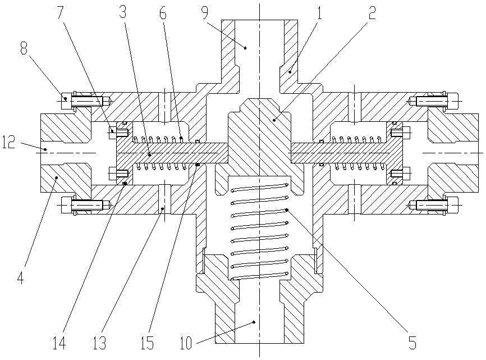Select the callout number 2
click(x=373, y=14)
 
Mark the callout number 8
click(x=24, y=49)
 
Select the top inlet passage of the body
click(x=259, y=45)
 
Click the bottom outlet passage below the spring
click(x=259, y=326)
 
